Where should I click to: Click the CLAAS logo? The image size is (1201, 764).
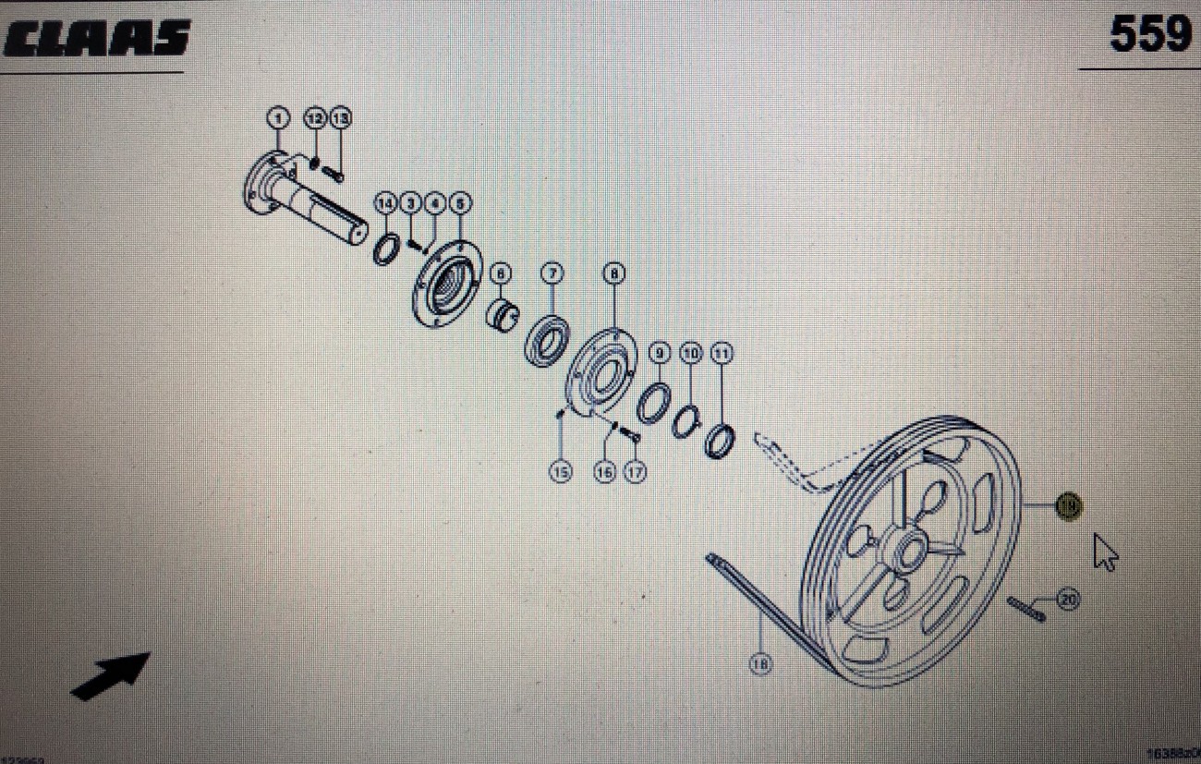pos(96,39)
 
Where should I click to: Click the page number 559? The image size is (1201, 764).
pos(1150,35)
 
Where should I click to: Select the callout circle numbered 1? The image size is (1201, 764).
pos(278,118)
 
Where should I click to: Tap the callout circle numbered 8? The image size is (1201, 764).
pos(613,273)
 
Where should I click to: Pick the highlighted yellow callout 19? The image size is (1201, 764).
pos(1069,505)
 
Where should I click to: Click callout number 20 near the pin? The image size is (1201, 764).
pos(1068,600)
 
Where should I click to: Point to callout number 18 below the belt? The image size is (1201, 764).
pos(760,663)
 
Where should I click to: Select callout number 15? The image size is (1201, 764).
pos(560,472)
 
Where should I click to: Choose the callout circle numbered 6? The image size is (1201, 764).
pos(500,273)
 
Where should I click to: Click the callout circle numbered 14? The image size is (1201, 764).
pos(384,202)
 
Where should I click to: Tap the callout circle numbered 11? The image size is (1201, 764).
pos(722,353)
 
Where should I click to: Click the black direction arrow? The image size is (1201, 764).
pos(110,675)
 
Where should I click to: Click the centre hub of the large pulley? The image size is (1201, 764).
pos(908,552)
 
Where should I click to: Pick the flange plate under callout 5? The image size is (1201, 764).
pos(447,282)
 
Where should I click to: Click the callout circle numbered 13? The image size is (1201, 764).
pos(340,118)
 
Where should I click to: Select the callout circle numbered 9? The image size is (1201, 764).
pos(659,353)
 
